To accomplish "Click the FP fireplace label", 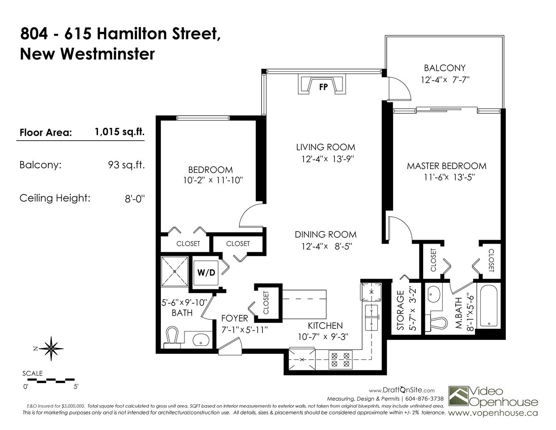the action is click(x=323, y=87).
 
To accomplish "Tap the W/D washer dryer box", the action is click(x=206, y=273).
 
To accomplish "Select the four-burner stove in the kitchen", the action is click(x=340, y=360).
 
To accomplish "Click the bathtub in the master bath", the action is click(x=489, y=306).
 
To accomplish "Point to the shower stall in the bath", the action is click(x=175, y=271).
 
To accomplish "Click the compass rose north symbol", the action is click(x=51, y=348).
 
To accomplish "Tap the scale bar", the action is click(x=52, y=381).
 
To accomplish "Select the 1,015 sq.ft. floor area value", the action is click(x=120, y=132).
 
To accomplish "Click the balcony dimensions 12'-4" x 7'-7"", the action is click(x=445, y=80).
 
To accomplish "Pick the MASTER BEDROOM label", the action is click(x=446, y=166).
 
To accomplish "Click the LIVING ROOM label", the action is click(x=326, y=147).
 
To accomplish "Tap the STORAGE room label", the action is click(x=400, y=310).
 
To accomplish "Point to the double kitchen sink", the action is click(x=371, y=318).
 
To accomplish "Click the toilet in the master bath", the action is click(x=436, y=323).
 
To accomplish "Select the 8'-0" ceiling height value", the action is click(x=135, y=199).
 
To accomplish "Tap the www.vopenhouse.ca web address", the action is click(x=493, y=413).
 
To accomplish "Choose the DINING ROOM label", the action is click(x=326, y=234).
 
